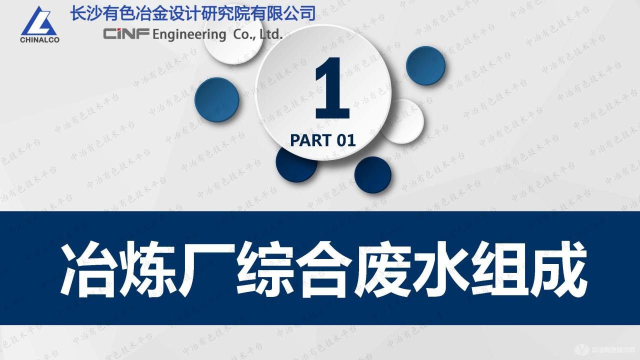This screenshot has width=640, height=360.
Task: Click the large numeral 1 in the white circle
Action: (330, 89)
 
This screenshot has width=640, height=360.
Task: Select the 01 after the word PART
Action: (346, 140)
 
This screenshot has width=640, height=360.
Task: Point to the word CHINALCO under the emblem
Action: (39, 40)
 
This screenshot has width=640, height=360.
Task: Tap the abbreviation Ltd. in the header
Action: (270, 34)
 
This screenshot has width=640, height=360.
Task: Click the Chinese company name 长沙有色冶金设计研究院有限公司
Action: (193, 12)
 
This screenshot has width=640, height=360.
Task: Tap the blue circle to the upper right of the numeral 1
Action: (425, 65)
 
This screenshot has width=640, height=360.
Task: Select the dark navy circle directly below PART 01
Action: (372, 175)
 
